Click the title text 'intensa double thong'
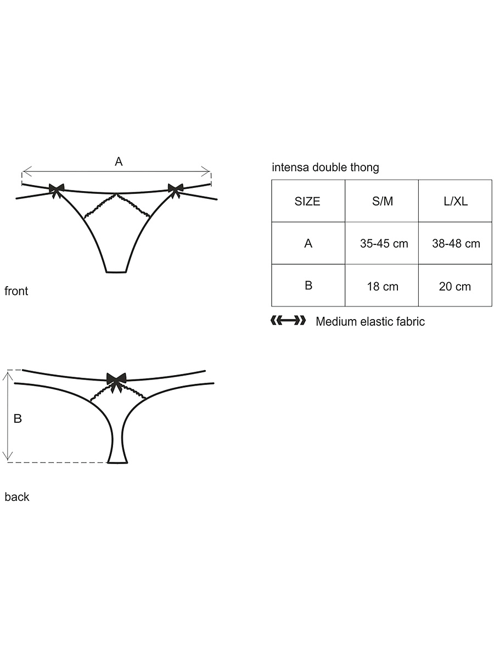[325, 167]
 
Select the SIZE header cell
[308, 201]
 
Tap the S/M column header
[381, 201]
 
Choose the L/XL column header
[455, 201]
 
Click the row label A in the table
[308, 243]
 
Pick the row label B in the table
[308, 285]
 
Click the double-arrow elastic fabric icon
[288, 320]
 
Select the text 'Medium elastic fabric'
[370, 322]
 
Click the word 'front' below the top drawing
[16, 291]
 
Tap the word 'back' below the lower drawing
[17, 497]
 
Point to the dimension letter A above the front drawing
[119, 161]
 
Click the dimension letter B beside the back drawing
[18, 418]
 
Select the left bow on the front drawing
[57, 190]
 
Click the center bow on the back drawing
[116, 381]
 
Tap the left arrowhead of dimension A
[25, 172]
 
